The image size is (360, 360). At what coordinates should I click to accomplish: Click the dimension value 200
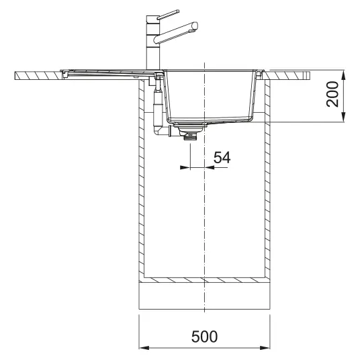332,94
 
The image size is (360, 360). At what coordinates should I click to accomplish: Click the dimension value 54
222,157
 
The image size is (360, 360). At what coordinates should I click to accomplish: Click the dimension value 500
204,336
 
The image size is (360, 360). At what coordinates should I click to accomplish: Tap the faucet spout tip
195,26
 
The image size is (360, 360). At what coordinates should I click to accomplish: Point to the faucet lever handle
168,14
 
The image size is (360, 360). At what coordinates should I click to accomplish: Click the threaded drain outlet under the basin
190,137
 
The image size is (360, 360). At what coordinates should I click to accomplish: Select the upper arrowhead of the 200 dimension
343,75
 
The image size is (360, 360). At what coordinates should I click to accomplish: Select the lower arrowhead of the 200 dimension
343,117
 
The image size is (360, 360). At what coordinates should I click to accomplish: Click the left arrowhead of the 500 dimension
144,348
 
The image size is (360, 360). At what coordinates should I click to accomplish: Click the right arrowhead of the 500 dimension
265,348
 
